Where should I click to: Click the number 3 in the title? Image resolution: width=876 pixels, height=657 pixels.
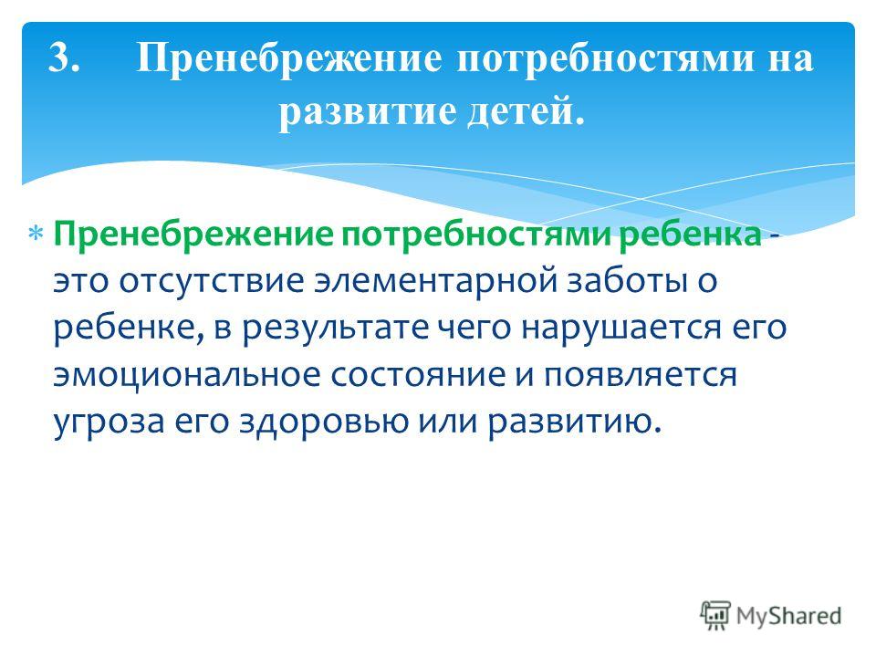tap(64, 57)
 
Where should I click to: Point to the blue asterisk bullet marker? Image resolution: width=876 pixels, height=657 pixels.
tap(36, 234)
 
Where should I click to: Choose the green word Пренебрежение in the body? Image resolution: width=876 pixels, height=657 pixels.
tap(193, 235)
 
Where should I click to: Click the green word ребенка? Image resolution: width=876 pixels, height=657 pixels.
tap(690, 235)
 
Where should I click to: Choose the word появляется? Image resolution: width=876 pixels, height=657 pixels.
tap(641, 375)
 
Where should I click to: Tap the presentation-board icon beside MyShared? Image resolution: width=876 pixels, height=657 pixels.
tap(715, 615)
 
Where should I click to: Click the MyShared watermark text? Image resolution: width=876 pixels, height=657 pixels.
tap(788, 616)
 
